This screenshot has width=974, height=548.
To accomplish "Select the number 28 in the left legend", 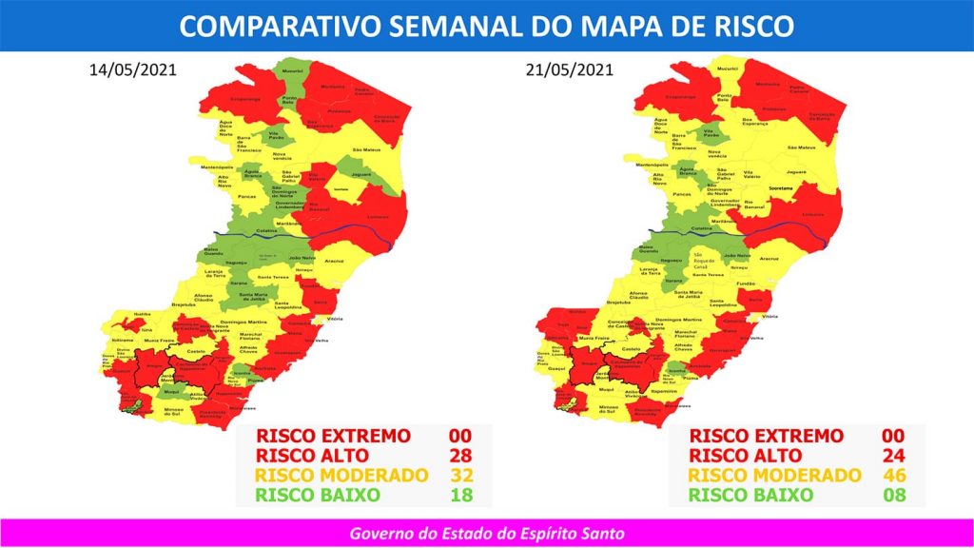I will pyautogui.click(x=460, y=456).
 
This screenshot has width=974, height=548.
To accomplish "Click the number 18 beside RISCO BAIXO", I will pyautogui.click(x=460, y=495).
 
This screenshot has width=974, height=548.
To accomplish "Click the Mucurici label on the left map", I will pyautogui.click(x=292, y=70).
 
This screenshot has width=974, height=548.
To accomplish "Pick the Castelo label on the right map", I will pyautogui.click(x=631, y=350).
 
